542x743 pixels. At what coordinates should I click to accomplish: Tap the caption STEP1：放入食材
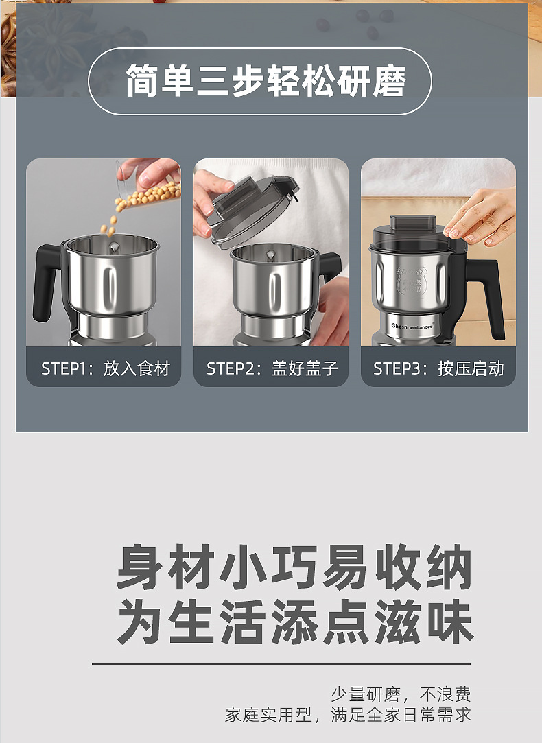[x=104, y=368]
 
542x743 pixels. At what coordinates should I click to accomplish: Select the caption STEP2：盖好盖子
[x=272, y=368]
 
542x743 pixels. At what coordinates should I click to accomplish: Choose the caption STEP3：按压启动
[x=438, y=368]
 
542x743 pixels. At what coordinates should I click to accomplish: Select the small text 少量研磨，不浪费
[x=401, y=694]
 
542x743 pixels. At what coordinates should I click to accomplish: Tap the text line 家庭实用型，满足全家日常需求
[x=349, y=714]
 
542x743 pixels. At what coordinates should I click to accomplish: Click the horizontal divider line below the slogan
[x=281, y=664]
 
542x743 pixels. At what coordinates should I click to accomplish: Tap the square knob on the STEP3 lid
[x=413, y=225]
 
